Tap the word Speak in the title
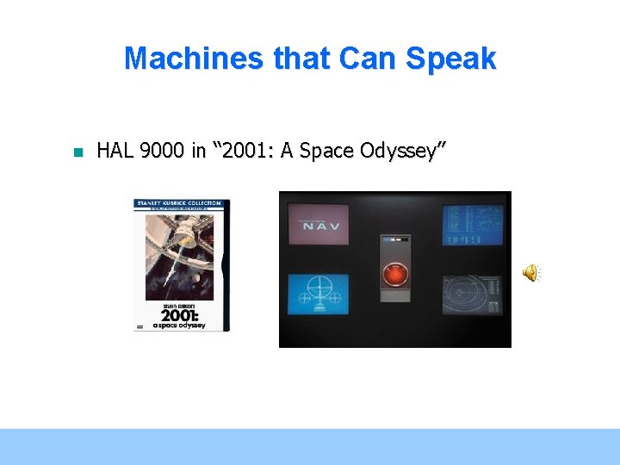click(454, 59)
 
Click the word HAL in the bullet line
click(115, 152)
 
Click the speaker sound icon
click(530, 273)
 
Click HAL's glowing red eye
click(395, 275)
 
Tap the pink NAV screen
click(318, 226)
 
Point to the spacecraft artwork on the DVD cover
click(177, 250)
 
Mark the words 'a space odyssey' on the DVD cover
click(179, 325)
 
